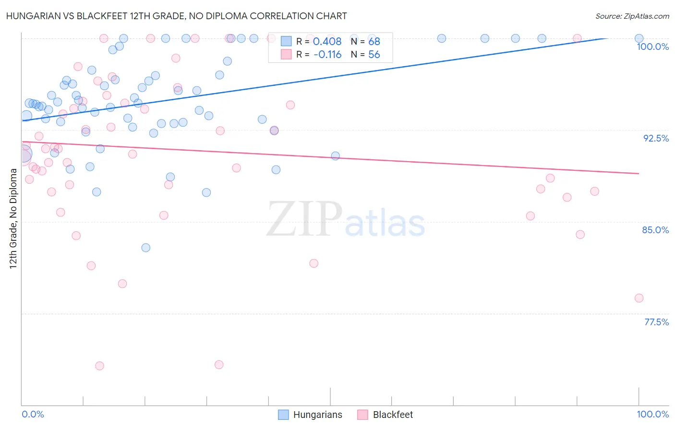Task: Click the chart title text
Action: pos(176,16)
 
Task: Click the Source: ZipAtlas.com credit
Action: pos(632,16)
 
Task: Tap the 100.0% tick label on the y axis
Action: pos(652,47)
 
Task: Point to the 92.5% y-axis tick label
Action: pos(656,138)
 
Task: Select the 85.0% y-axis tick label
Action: pos(655,230)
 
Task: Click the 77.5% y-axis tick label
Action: pos(656,322)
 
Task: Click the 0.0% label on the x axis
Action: pos(33,414)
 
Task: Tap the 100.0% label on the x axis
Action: pos(652,414)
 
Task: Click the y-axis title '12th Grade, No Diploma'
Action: pos(13,218)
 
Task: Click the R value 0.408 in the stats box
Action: pos(327,42)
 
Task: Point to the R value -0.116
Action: pos(327,55)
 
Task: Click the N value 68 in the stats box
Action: pos(374,42)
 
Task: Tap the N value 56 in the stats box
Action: pos(374,55)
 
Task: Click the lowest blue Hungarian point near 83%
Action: pos(146,248)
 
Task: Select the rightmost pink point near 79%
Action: pos(639,298)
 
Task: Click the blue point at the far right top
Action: pos(639,38)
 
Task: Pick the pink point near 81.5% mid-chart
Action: pos(314,263)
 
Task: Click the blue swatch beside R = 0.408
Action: pos(286,42)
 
